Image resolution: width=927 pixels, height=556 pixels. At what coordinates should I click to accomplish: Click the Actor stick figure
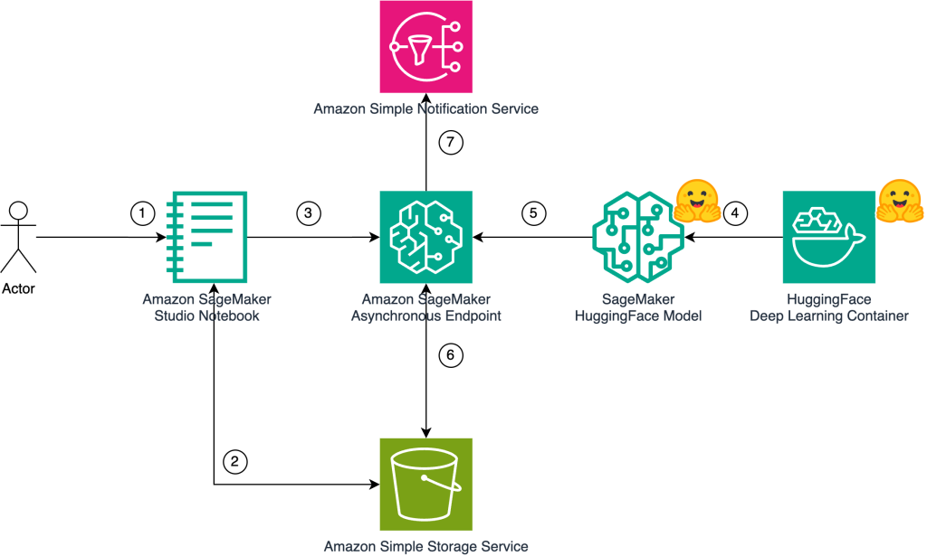(19, 237)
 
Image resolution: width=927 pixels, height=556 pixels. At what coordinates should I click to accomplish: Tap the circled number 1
(142, 213)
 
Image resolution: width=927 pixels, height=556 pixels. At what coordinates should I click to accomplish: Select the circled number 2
(234, 461)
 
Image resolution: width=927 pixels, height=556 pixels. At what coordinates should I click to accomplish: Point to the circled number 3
(309, 213)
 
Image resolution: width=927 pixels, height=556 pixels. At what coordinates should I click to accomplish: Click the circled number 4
(736, 213)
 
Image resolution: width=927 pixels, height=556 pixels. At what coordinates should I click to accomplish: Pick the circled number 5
(534, 213)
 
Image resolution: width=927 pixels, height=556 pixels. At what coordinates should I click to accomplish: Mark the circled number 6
(450, 355)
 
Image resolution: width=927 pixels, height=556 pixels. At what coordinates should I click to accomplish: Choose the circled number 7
(450, 142)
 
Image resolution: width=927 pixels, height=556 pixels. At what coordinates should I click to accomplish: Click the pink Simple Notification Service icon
(426, 45)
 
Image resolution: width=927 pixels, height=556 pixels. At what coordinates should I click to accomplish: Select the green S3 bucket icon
(426, 485)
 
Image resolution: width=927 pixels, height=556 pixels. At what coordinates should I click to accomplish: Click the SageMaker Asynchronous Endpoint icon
(426, 237)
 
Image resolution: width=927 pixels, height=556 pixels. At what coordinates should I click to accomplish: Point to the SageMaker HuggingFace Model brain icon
(637, 237)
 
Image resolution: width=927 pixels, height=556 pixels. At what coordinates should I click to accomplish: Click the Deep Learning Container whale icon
(829, 237)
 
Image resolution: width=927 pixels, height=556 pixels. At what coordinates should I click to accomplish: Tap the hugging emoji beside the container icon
(900, 201)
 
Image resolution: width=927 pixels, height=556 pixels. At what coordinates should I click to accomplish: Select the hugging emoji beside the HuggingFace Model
(696, 201)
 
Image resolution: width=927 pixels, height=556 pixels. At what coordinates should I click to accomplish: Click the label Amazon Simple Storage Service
(426, 546)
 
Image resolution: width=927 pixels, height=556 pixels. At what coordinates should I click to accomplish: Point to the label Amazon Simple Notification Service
(426, 109)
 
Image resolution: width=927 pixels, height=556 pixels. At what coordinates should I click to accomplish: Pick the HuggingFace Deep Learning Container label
(829, 307)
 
